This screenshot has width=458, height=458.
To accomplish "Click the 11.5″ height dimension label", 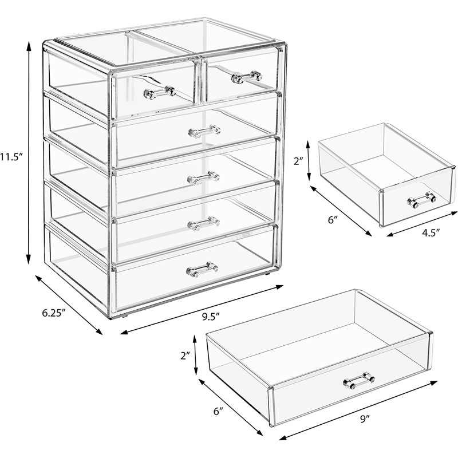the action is [x=11, y=157].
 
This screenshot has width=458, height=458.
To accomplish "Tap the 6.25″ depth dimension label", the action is [x=53, y=313].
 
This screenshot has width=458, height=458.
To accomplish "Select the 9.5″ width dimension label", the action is [x=211, y=317].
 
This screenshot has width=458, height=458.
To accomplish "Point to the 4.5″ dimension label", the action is [x=431, y=232].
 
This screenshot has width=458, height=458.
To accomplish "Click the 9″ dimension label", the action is [x=365, y=420].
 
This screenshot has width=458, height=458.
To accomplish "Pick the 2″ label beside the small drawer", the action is [x=298, y=161].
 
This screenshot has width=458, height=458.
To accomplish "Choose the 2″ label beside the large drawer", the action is [x=185, y=356].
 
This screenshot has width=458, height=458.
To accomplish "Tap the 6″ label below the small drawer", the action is [x=333, y=220].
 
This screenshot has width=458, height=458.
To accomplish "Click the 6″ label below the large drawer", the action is [x=218, y=412].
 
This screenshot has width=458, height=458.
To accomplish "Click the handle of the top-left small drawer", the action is [x=160, y=93].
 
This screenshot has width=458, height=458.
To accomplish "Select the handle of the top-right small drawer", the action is [x=246, y=77].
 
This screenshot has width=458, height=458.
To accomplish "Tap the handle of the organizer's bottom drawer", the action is [x=202, y=269].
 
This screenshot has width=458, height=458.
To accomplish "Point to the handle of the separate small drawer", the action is [x=421, y=200].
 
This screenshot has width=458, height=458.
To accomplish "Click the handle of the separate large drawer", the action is [x=359, y=381].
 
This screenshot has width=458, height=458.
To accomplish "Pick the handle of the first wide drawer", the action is [x=204, y=131].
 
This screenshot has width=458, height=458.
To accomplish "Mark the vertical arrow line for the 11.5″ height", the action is [x=28, y=152].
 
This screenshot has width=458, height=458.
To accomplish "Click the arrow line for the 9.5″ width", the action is [x=202, y=309].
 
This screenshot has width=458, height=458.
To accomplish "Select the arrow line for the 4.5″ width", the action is [x=422, y=224].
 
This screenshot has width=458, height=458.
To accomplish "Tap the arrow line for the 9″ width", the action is [x=358, y=414].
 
